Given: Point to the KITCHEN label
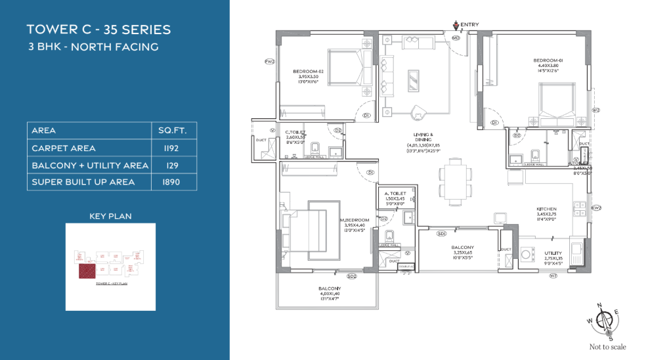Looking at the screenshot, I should click(x=546, y=209).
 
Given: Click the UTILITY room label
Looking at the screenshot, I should click(x=553, y=253).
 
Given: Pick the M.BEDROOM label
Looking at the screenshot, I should click(x=355, y=220).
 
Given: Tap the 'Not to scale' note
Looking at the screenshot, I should click(x=607, y=347).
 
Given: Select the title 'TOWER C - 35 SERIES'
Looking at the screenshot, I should click(x=98, y=30).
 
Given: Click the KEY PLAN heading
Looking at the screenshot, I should click(x=110, y=215).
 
